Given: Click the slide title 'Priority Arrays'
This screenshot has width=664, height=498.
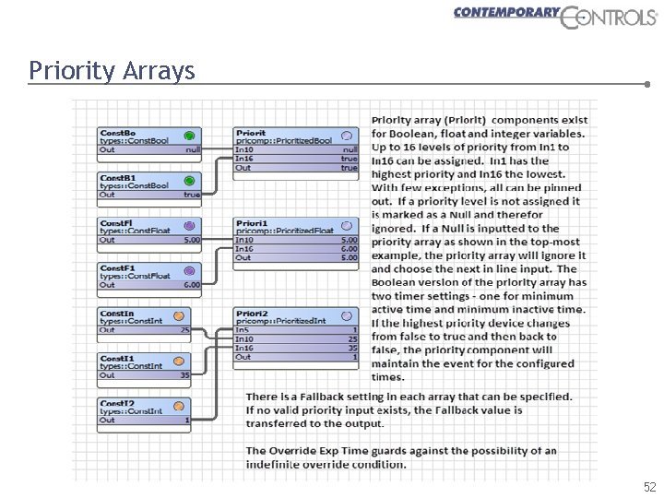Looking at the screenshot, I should point(112,70).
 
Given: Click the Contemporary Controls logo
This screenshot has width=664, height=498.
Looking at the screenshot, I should point(556,16).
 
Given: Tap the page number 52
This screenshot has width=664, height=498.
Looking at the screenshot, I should point(649,486).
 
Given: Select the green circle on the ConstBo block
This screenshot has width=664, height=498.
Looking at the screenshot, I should point(190,134).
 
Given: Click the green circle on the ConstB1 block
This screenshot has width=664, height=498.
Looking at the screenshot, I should point(190,180).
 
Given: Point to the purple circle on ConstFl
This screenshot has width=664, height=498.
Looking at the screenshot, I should point(189,225).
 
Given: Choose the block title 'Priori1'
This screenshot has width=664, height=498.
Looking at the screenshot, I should point(251,223).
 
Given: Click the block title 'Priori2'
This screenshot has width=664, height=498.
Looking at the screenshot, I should point(251,314).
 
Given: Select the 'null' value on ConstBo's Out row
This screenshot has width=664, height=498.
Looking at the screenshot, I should point(193,149).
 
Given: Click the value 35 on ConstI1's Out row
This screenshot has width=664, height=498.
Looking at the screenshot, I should point(185,375).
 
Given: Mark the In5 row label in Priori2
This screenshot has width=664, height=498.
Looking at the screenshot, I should point(242,329).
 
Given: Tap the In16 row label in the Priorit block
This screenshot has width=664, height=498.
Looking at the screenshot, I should point(244,159).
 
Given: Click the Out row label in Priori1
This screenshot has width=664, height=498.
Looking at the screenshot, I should point(243,257).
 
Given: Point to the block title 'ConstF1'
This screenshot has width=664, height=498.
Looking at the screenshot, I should point(117,268).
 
